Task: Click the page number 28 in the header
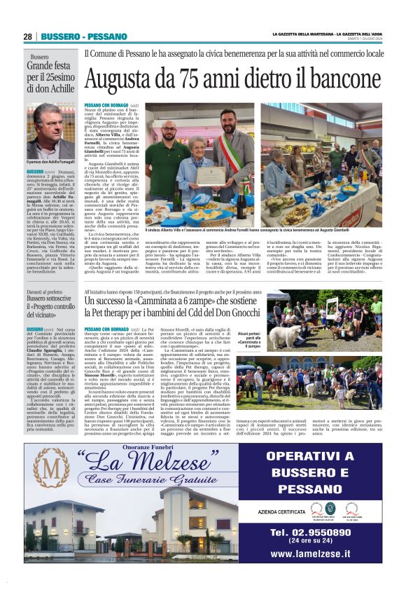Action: (27, 36)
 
